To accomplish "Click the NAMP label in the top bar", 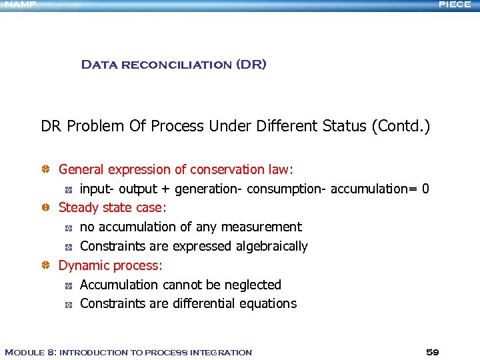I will pyautogui.click(x=18, y=4).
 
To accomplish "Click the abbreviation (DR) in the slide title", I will pyautogui.click(x=251, y=65).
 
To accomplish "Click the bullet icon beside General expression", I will pyautogui.click(x=45, y=170).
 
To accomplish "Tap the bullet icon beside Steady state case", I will pyautogui.click(x=45, y=208).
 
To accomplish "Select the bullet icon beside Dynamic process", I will pyautogui.click(x=45, y=266).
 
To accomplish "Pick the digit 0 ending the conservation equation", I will pyautogui.click(x=425, y=189).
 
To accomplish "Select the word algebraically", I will pyautogui.click(x=272, y=247).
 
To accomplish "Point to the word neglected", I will pyautogui.click(x=253, y=285).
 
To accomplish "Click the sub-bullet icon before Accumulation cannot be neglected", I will pyautogui.click(x=68, y=285).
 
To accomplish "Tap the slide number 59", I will pyautogui.click(x=432, y=352).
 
